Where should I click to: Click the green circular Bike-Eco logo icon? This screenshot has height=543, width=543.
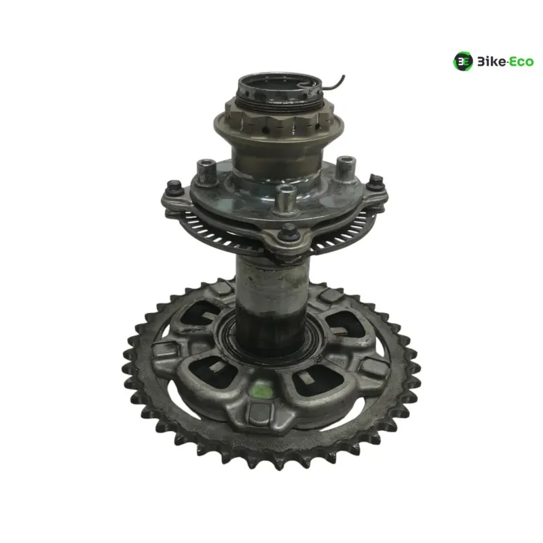point(463,61)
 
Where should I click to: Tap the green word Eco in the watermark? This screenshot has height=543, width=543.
point(521,62)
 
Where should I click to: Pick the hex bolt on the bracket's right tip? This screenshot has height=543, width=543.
point(375,181)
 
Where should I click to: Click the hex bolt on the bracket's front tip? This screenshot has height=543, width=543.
point(288,233)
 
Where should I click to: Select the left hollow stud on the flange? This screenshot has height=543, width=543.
point(206,172)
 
